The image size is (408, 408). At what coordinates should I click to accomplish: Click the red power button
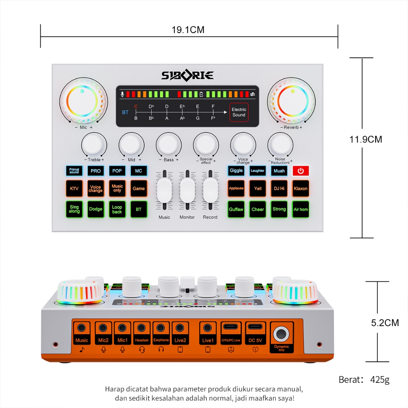click(x=301, y=171)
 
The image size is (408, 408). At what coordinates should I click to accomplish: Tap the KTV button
click(x=74, y=188)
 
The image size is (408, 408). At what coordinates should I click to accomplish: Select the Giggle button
click(x=236, y=171)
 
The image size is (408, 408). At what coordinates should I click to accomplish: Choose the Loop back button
click(x=117, y=209)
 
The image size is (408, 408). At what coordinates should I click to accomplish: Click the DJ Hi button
click(x=279, y=188)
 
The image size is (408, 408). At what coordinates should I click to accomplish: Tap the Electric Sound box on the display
click(x=239, y=112)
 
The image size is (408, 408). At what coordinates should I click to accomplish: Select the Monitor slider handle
click(x=187, y=190)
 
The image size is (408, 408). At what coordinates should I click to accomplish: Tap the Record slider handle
click(x=210, y=190)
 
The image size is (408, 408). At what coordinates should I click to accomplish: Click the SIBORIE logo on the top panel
click(x=187, y=75)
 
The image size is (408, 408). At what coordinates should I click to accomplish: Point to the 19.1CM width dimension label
click(x=188, y=30)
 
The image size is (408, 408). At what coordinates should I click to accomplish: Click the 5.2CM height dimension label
click(x=385, y=323)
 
